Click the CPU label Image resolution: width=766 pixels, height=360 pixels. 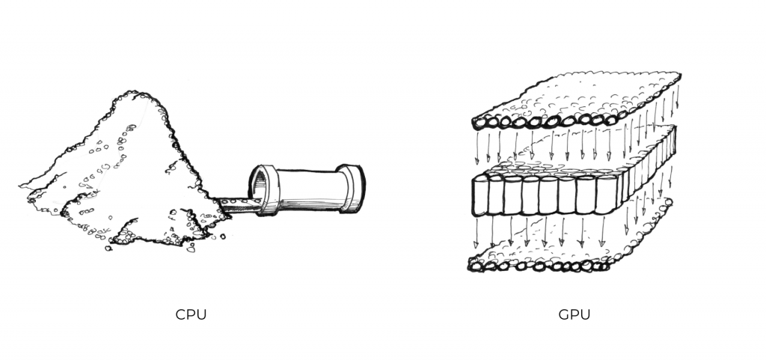tap(191, 314)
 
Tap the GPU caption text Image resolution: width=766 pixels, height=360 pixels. tap(574, 314)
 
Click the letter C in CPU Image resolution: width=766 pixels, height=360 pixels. tap(181, 314)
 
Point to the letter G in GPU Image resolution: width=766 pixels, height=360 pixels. tap(564, 314)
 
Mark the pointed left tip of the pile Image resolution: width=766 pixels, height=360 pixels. tap(20, 186)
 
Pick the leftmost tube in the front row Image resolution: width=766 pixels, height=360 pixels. tap(480, 196)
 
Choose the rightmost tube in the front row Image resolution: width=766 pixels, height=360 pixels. tap(604, 195)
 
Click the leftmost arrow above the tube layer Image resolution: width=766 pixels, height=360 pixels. tap(477, 147)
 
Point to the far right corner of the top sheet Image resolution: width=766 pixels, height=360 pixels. tap(680, 74)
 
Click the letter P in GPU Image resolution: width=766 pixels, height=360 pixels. tap(575, 314)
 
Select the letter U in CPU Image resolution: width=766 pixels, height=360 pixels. tap(202, 314)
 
